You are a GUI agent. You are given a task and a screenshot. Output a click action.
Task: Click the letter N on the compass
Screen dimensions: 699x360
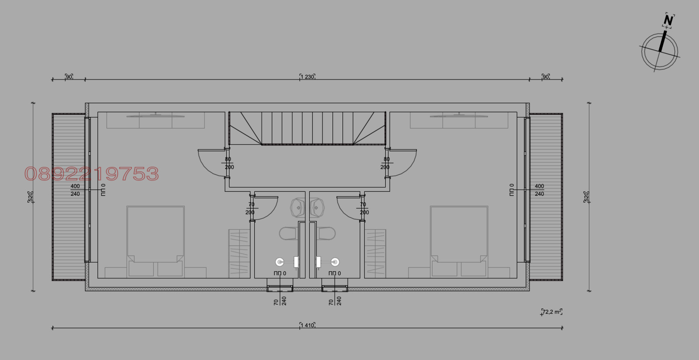pyautogui.click(x=668, y=21)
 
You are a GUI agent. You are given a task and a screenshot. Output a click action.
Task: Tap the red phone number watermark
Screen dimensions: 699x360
pyautogui.click(x=92, y=174)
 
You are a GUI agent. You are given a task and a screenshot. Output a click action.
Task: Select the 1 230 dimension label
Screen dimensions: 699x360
pyautogui.click(x=307, y=77)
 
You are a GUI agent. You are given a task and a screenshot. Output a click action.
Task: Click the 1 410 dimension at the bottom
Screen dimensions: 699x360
pyautogui.click(x=307, y=325)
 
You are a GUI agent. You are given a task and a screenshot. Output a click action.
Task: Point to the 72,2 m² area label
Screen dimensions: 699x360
pyautogui.click(x=552, y=312)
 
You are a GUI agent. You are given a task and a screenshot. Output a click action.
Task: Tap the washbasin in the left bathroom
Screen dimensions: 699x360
pyautogui.click(x=298, y=208)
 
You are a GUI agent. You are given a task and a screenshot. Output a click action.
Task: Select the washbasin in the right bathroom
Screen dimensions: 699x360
pyautogui.click(x=317, y=208)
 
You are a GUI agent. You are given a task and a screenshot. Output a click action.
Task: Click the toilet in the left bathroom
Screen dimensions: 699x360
pyautogui.click(x=287, y=233)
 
